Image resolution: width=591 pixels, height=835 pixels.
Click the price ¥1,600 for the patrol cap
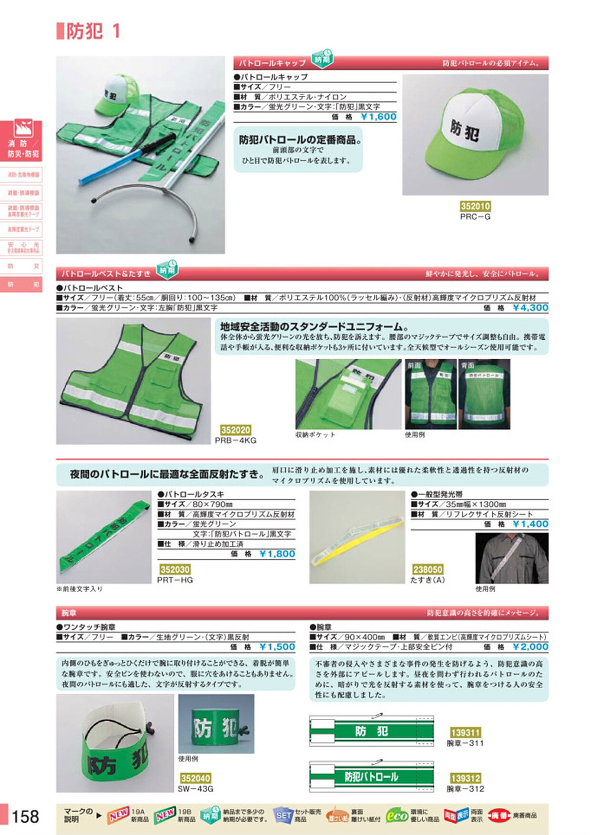pos(378,117)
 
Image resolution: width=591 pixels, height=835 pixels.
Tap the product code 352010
pos(475,206)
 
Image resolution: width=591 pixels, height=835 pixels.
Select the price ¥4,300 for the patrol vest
pos(530,308)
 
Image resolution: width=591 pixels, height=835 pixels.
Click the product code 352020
pos(235,430)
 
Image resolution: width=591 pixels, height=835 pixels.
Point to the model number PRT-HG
pos(175,580)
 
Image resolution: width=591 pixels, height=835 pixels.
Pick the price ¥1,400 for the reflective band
pos(530,524)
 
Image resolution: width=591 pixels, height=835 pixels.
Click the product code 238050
pos(428,569)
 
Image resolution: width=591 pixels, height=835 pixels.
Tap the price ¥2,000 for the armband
pos(530,647)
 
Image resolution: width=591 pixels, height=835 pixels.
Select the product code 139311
pos(465,733)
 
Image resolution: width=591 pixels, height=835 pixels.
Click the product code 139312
pos(465,778)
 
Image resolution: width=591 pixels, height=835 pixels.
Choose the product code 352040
pos(195,778)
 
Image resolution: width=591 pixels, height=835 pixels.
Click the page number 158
pos(25,817)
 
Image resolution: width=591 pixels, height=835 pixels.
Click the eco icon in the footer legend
pos(397,815)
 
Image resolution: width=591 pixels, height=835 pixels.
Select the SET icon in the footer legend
pos(283,815)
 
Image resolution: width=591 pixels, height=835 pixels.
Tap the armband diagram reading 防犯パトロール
pos(371,777)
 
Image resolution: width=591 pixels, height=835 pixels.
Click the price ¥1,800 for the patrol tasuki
pos(277,554)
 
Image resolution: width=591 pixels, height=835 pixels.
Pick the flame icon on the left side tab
pos(23,128)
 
